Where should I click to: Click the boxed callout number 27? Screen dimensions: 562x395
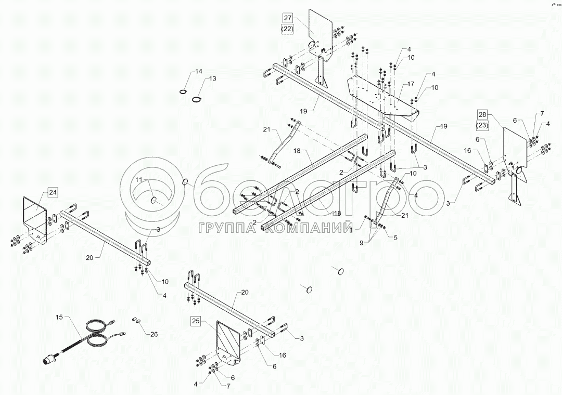[x=288, y=17]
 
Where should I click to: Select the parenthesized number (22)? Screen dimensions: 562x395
[x=288, y=29]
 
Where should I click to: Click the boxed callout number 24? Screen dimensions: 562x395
[x=53, y=192]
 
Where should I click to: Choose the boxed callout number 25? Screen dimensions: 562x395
[x=195, y=321]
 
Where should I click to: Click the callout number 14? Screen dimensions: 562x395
[x=198, y=71]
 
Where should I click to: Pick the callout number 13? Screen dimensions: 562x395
[x=212, y=78]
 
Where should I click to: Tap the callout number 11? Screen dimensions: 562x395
[x=139, y=179]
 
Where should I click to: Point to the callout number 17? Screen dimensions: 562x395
[x=411, y=84]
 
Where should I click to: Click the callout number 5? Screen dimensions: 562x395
[x=395, y=238]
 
